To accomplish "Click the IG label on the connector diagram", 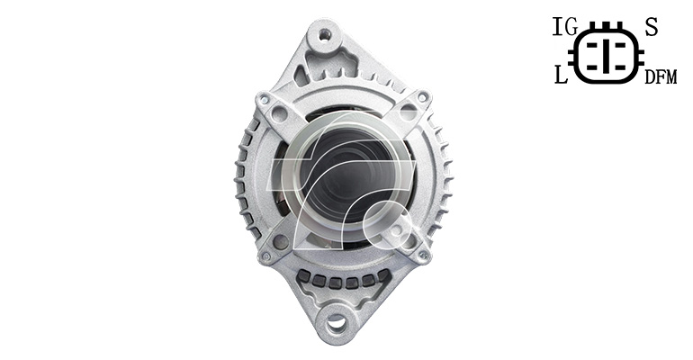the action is [565, 27].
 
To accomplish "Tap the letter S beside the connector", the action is [652, 27].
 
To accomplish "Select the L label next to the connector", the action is [561, 75].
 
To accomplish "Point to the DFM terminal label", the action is [661, 77].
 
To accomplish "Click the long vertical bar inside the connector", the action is [607, 56].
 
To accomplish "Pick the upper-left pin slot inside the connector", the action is [592, 45].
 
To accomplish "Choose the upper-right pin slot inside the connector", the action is [620, 45].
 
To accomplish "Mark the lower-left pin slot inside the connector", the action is [592, 67].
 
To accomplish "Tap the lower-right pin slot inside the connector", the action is [620, 67].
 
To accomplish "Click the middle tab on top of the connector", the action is [607, 24].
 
